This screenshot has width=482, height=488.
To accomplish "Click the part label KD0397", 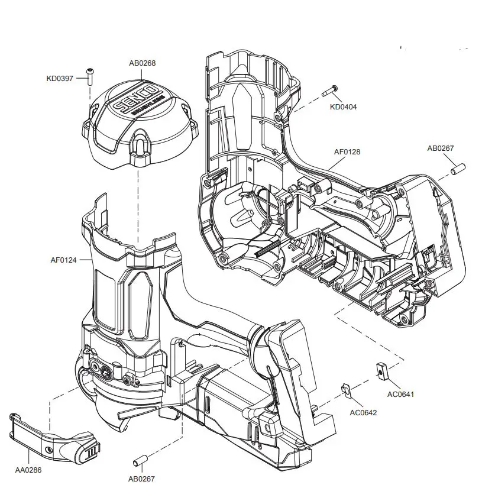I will pyautogui.click(x=60, y=78).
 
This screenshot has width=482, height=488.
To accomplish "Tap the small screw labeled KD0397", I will pyautogui.click(x=90, y=75).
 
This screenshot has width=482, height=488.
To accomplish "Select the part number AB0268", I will pyautogui.click(x=142, y=63).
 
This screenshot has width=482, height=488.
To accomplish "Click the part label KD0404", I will pyautogui.click(x=344, y=107).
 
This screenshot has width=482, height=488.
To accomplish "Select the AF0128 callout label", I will pyautogui.click(x=347, y=152).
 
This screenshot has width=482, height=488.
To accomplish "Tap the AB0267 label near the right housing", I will pyautogui.click(x=441, y=148).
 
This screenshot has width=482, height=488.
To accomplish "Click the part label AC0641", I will pyautogui.click(x=400, y=394).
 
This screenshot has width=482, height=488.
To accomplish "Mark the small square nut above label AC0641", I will pyautogui.click(x=381, y=371).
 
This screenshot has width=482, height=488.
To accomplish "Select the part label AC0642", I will pyautogui.click(x=363, y=412).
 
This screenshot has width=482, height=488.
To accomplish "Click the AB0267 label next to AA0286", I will pyautogui.click(x=142, y=479).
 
